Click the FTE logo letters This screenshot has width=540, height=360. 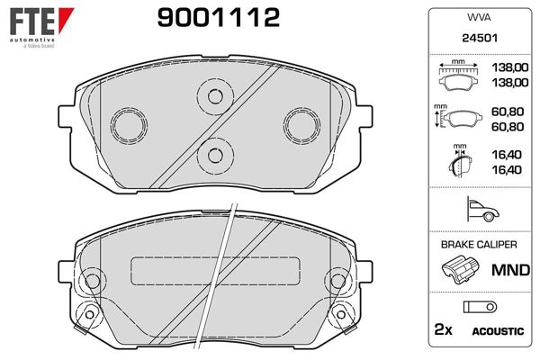(32, 22)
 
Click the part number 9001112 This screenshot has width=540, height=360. (219, 18)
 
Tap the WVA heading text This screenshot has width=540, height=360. (479, 17)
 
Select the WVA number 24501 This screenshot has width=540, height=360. (480, 38)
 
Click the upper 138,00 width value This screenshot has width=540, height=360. (509, 67)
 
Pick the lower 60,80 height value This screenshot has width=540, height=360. (508, 126)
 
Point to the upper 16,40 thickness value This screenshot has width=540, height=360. (507, 155)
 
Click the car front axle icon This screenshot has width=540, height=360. (482, 210)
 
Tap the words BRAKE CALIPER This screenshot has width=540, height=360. (479, 245)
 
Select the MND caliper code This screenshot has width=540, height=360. (510, 270)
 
